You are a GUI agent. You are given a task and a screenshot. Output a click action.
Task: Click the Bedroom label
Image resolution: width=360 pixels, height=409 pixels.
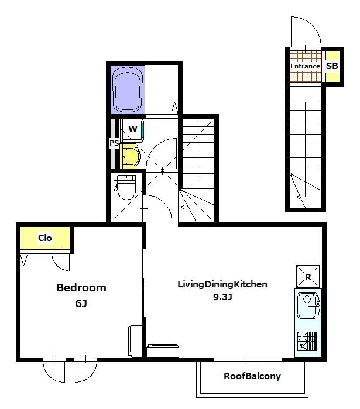point(81,288)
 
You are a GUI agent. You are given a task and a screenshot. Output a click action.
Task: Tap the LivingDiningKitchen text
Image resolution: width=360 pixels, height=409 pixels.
point(222,284)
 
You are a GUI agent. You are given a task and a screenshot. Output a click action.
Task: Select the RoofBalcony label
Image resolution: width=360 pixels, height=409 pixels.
point(252,376)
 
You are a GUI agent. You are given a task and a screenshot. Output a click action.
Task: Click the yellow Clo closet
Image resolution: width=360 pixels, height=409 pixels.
point(46,238)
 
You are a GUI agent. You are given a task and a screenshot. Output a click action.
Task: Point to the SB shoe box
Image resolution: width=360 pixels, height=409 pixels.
point(332,66)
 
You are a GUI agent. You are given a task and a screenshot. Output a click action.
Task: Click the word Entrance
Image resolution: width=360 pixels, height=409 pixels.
point(305,66)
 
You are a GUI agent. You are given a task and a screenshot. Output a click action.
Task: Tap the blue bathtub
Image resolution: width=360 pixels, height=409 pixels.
point(128,90)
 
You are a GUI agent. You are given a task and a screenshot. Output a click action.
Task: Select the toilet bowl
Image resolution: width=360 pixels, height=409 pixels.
point(126,187)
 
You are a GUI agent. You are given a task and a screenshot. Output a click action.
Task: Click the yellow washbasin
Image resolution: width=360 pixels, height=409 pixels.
point(130,156)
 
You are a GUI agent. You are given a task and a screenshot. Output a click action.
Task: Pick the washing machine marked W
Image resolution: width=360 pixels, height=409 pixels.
point(132,130)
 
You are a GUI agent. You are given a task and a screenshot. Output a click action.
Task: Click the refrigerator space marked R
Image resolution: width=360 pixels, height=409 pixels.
point(308,277)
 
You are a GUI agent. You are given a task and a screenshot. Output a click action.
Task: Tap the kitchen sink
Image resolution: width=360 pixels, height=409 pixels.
point(308,305)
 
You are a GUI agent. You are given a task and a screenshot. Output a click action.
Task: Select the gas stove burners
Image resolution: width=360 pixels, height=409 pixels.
point(307,341)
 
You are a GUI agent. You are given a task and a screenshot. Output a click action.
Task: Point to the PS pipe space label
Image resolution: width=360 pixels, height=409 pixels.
point(114,143)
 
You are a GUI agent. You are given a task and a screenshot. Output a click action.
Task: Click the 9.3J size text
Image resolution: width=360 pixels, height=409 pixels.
point(222,297)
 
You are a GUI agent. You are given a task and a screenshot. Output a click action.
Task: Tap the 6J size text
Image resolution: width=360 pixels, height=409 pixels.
point(81,303)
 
